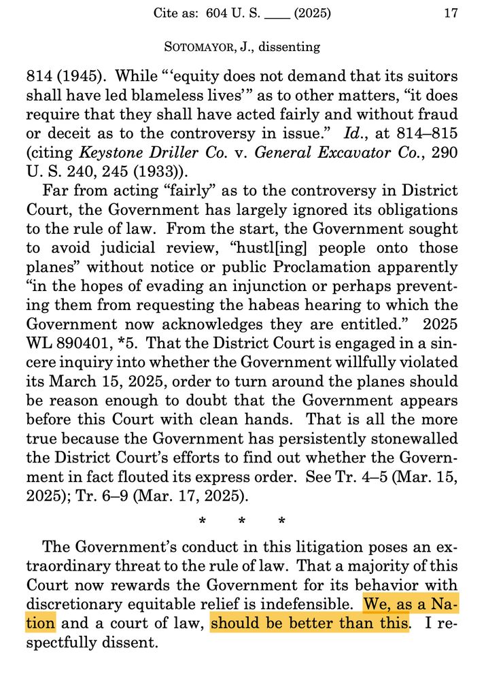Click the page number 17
[x=451, y=13]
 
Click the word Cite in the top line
[x=167, y=13]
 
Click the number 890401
[x=82, y=344]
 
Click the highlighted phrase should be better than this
[x=310, y=623]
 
